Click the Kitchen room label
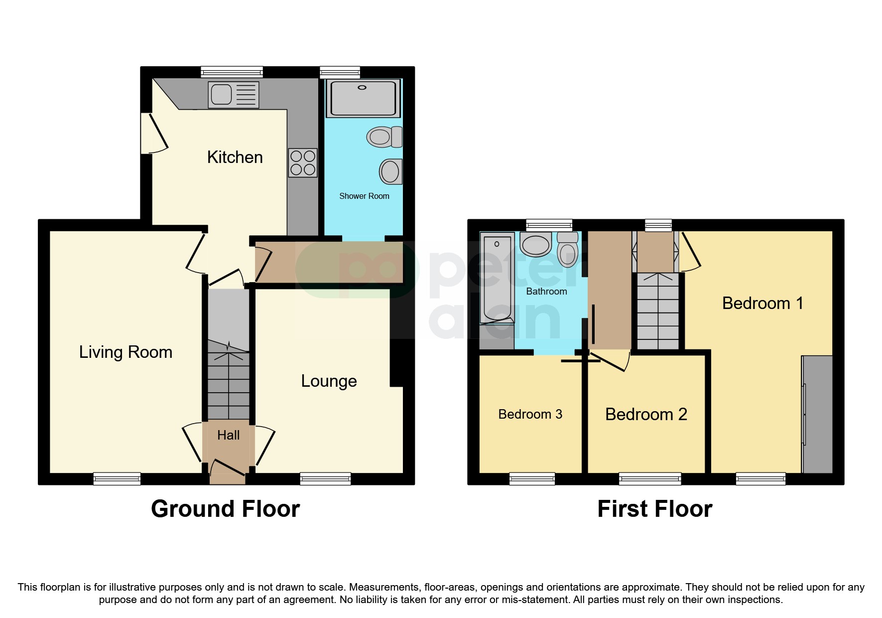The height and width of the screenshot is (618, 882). (235, 157)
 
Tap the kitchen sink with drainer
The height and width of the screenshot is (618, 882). (234, 94)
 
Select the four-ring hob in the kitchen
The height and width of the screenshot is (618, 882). (303, 162)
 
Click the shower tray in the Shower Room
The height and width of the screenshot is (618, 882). (363, 98)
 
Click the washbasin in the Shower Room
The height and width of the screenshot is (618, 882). (391, 172)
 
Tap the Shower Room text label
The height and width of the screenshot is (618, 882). (364, 196)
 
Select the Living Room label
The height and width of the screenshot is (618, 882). (126, 352)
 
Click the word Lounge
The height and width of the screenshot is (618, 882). (329, 381)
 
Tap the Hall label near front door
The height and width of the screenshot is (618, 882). (228, 436)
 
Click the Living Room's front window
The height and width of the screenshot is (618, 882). (117, 479)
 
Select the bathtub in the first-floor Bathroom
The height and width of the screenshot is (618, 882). (497, 279)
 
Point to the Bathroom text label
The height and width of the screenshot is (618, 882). (546, 292)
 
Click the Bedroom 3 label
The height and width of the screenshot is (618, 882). (530, 415)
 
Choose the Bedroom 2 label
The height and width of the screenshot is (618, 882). (646, 415)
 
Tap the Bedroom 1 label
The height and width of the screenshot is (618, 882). (762, 304)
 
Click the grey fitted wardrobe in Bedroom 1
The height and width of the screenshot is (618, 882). (817, 414)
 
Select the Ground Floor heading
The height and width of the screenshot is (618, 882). (225, 509)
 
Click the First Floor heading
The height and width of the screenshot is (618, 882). (654, 509)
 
